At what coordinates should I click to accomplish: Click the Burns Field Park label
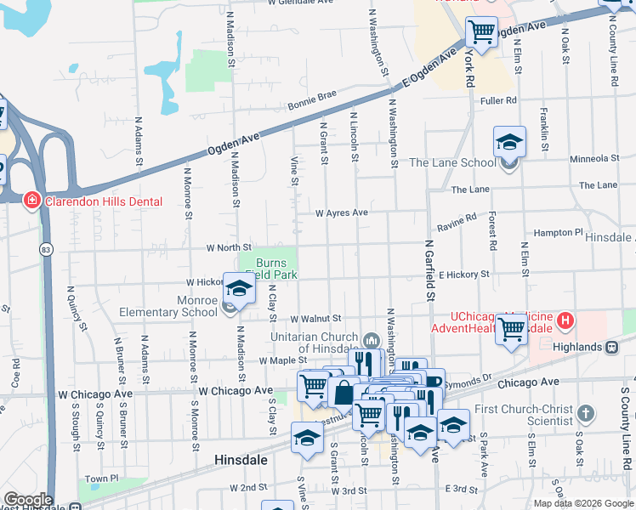point(270,269)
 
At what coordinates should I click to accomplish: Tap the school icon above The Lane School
point(509,141)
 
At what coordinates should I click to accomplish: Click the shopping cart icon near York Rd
point(482,33)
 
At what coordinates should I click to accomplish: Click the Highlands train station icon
point(610,347)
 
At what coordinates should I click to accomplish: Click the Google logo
point(27,499)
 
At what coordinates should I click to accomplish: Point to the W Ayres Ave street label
point(341,212)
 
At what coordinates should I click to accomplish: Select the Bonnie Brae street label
point(312,99)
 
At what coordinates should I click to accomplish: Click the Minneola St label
point(594,158)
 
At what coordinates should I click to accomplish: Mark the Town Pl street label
point(101,479)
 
